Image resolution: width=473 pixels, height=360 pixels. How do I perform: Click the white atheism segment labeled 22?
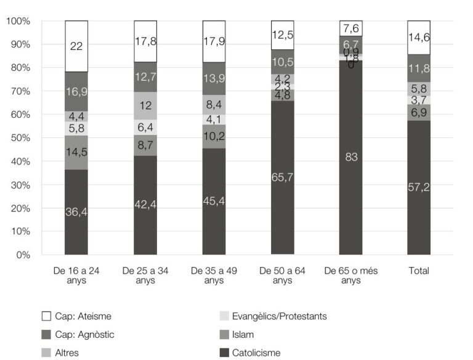[76, 46]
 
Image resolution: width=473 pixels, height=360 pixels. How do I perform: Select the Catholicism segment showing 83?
[350, 157]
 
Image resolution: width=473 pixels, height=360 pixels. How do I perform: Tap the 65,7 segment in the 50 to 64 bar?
[282, 178]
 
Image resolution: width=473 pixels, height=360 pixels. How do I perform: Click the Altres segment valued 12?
[145, 105]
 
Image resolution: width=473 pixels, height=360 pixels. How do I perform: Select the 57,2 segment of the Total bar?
[419, 187]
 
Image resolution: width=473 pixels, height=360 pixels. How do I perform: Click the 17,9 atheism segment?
[214, 41]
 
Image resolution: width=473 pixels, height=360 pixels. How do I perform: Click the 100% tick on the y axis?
[18, 21]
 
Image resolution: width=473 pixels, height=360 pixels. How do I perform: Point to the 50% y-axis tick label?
[20, 138]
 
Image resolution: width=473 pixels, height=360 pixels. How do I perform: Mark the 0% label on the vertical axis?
[22, 255]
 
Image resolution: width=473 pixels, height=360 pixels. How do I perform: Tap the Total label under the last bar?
[419, 271]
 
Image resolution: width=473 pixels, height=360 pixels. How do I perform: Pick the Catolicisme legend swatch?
[224, 353]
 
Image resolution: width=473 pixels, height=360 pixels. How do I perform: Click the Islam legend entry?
[242, 335]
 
